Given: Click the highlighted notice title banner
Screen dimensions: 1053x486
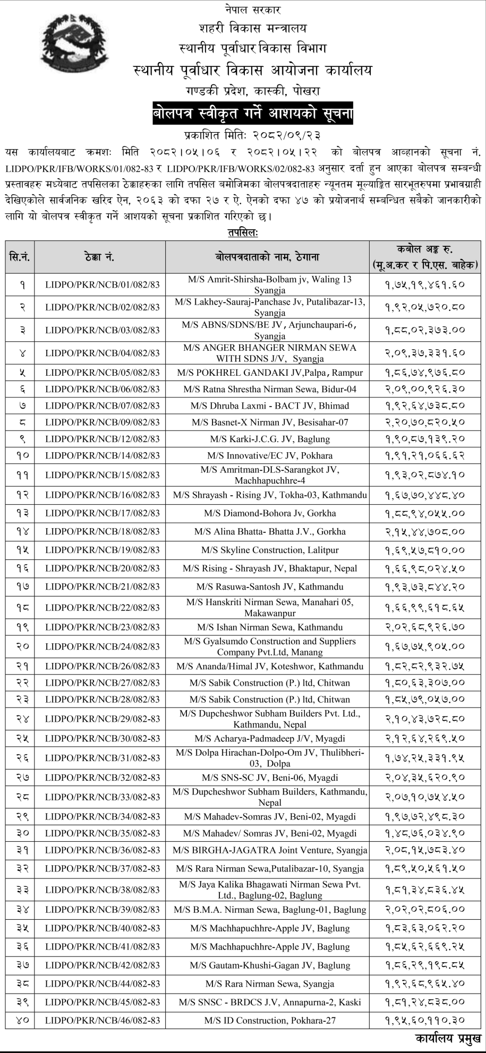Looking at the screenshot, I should click(252, 113).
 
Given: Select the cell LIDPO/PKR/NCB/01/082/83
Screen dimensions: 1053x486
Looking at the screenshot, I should click(103, 284).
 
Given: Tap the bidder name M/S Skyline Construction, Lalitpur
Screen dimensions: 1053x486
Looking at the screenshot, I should click(270, 550).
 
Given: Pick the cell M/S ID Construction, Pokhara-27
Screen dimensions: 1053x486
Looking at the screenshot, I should click(270, 1020).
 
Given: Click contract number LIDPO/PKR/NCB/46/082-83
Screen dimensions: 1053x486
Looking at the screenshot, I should click(103, 1020).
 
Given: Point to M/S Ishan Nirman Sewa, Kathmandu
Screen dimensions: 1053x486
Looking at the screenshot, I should click(270, 627).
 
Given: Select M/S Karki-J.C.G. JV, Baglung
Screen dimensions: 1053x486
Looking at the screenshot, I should click(270, 439).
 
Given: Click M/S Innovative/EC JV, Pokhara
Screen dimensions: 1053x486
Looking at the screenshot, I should click(270, 455).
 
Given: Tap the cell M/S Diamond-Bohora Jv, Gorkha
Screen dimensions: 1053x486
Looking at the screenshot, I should click(270, 513).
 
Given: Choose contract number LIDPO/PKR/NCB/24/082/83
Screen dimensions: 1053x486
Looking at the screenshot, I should click(103, 646).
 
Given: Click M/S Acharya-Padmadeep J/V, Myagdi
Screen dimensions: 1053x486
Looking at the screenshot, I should click(270, 738).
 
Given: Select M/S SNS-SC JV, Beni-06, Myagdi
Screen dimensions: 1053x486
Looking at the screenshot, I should click(270, 778).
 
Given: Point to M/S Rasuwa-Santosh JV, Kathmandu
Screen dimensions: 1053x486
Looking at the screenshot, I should click(270, 586).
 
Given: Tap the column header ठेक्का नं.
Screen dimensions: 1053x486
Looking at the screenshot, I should click(99, 257).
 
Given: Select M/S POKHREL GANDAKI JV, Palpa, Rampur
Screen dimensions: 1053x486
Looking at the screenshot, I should click(270, 373).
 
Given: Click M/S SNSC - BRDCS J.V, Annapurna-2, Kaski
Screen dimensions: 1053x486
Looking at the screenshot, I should click(270, 1002).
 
